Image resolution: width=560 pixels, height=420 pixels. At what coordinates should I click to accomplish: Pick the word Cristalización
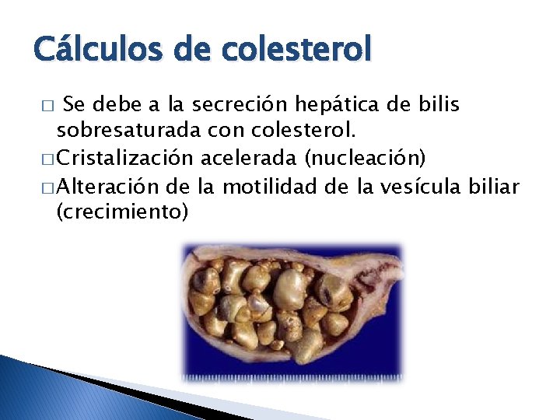click(x=125, y=160)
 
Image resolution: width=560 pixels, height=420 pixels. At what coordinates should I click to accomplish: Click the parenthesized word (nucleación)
click(x=366, y=160)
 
